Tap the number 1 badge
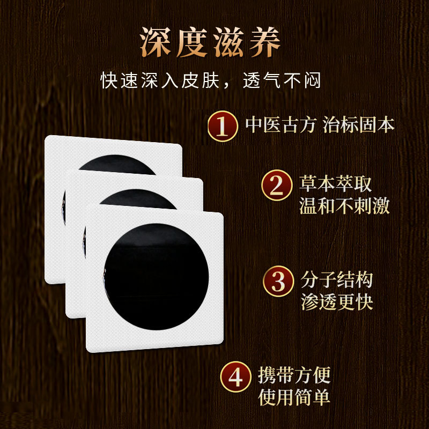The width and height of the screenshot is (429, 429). click(x=223, y=125)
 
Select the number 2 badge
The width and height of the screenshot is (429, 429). click(x=276, y=186)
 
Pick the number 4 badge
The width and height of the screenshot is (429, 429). click(x=236, y=377)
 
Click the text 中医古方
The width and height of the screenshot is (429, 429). click(x=281, y=125)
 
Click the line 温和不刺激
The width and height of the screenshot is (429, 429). click(x=344, y=205)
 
